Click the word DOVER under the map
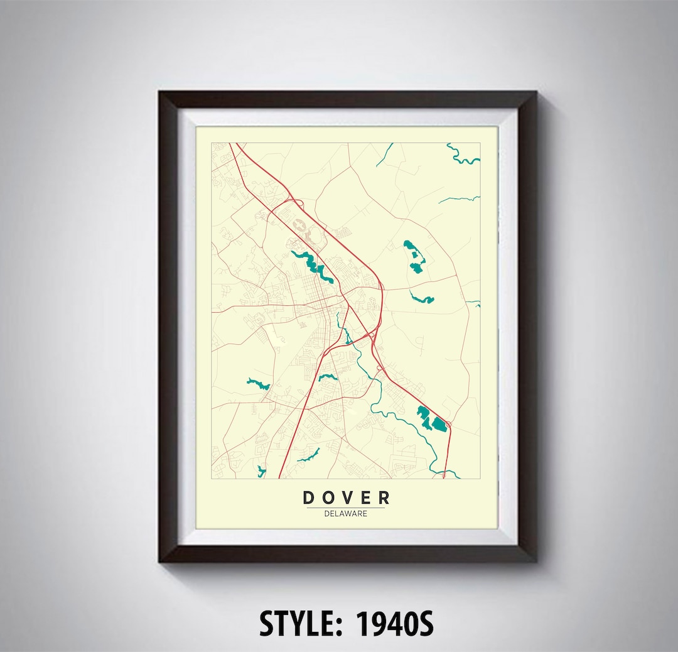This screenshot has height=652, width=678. click(346, 498)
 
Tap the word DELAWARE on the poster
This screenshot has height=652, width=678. click(346, 513)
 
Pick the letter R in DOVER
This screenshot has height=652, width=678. click(383, 498)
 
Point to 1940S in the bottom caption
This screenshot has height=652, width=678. click(395, 624)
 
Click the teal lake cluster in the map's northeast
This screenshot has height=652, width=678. click(414, 255)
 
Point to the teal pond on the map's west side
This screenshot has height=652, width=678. click(258, 383)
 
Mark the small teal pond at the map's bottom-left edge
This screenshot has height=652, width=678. click(261, 470)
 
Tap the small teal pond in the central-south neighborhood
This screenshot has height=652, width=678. click(328, 378)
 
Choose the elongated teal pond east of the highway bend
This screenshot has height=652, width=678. click(422, 298)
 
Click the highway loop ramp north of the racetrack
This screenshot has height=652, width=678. click(297, 202)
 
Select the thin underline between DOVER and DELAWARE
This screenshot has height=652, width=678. click(346, 508)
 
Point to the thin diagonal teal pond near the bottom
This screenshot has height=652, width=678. click(309, 455)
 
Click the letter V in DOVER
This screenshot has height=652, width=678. click(346, 498)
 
